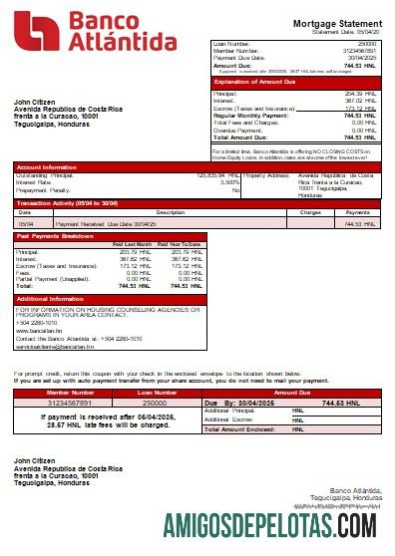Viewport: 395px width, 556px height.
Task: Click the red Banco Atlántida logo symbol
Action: (x=34, y=31)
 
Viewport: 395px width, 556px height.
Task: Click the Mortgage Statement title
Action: (x=337, y=22)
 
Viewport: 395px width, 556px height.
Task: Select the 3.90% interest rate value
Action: (x=228, y=182)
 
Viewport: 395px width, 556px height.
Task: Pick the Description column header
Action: (x=143, y=212)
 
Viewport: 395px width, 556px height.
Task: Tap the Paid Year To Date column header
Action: (x=179, y=244)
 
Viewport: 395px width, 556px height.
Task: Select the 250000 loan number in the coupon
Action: (x=155, y=403)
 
